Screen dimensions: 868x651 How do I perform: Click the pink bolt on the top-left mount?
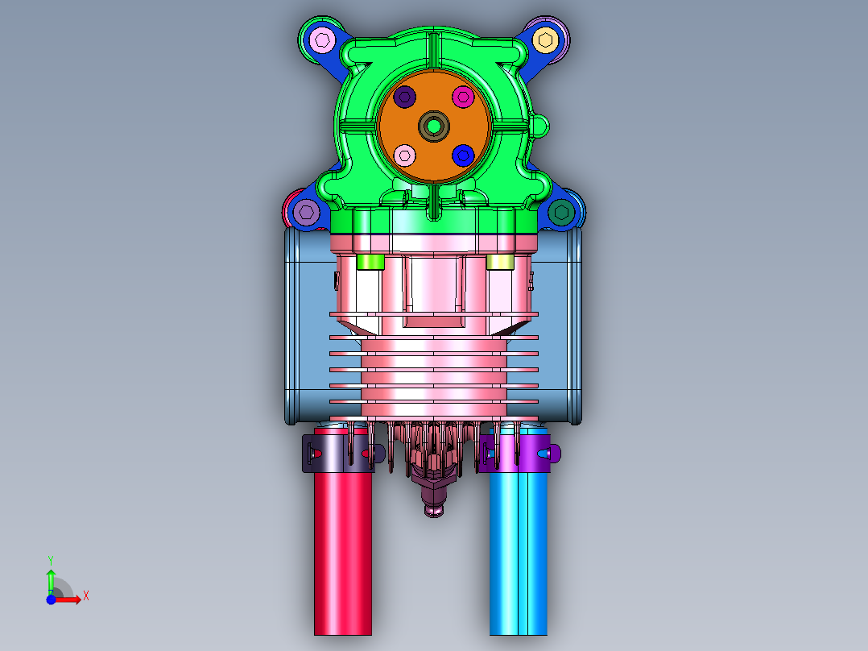pyautogui.click(x=322, y=40)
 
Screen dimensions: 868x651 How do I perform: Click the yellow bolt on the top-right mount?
pyautogui.click(x=545, y=40)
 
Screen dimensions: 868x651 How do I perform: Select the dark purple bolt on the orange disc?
pyautogui.click(x=405, y=97)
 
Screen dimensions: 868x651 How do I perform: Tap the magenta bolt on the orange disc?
pyautogui.click(x=463, y=97)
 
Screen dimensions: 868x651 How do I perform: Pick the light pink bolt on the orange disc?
pyautogui.click(x=405, y=155)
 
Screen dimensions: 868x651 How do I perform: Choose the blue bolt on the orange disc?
pyautogui.click(x=463, y=155)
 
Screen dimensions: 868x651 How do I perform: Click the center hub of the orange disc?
pyautogui.click(x=434, y=126)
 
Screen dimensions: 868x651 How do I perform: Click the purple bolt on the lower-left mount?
pyautogui.click(x=306, y=212)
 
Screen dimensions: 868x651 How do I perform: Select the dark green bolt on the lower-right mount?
pyautogui.click(x=561, y=212)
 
